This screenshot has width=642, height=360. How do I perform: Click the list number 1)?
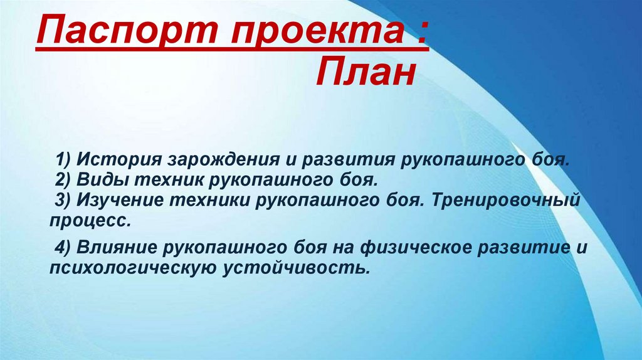pos(63,159)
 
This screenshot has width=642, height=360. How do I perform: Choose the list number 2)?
pos(63,180)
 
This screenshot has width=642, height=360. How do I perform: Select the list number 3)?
pos(63,201)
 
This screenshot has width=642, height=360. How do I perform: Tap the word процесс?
pos(90,221)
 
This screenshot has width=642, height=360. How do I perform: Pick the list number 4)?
pos(63,247)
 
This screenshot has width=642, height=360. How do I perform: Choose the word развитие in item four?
pos(521,247)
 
